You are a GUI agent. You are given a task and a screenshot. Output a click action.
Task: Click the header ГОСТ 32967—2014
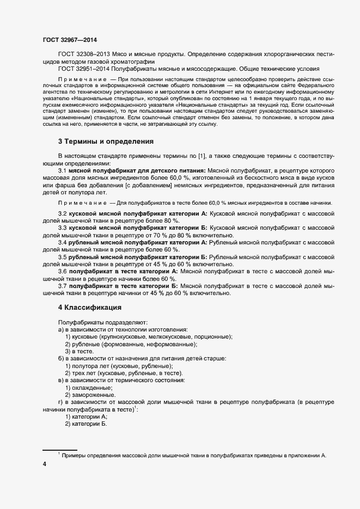pyautogui.click(x=70, y=40)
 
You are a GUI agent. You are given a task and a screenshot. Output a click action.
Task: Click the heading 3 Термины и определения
pyautogui.click(x=106, y=142)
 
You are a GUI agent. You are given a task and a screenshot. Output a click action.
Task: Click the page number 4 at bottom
pyautogui.click(x=45, y=464)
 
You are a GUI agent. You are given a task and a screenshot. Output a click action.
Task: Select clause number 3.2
pyautogui.click(x=63, y=213)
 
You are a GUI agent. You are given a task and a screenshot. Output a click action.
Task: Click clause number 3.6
pyautogui.click(x=63, y=271)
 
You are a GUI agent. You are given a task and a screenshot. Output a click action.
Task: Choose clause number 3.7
pyautogui.click(x=63, y=285)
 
